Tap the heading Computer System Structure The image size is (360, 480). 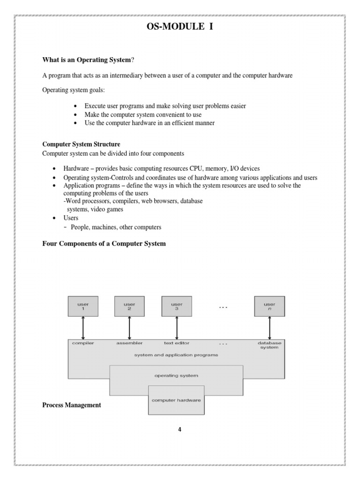coord(81,144)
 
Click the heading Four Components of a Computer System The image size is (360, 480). coord(104,244)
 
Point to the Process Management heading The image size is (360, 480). coord(71,405)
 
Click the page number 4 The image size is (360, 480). coord(179,429)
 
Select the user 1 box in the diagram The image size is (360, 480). coord(82,307)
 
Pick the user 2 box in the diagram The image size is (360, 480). coord(129,307)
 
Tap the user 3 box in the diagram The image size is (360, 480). coord(176,307)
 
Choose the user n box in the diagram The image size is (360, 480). coord(270,307)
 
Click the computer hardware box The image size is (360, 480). coord(176,400)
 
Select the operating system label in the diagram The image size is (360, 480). coord(176,375)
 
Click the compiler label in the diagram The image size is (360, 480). coord(83,343)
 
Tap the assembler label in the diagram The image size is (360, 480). coord(129,343)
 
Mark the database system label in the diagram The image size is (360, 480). coord(270,345)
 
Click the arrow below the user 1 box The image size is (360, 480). coord(83,328)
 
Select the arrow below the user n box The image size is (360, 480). coord(270,328)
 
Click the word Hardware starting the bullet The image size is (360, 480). coord(76,168)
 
